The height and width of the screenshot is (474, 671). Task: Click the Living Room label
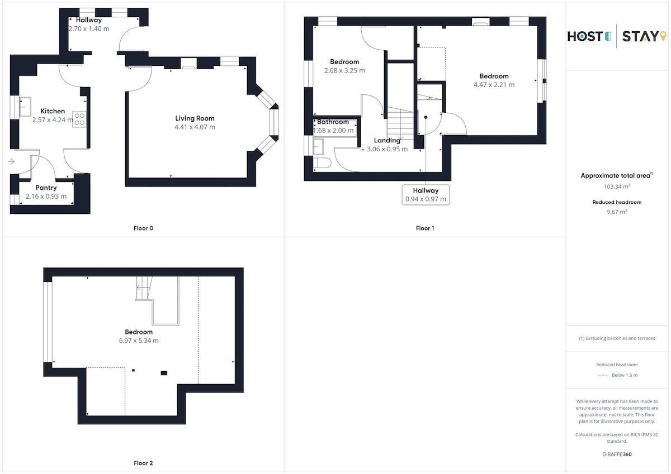[x=195, y=118]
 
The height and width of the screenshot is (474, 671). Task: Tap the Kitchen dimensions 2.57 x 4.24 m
[x=53, y=120]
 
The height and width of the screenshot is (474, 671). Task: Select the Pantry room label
[x=46, y=188]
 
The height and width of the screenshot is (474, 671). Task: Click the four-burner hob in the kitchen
[x=79, y=119]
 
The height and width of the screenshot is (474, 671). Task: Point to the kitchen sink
[x=25, y=107]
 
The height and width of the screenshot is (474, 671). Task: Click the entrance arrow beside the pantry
[x=11, y=162]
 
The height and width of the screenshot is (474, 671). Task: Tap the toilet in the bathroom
[x=322, y=163]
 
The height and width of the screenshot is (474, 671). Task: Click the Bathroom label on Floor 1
[x=333, y=122]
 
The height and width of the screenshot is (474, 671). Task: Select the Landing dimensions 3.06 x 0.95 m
[x=387, y=149]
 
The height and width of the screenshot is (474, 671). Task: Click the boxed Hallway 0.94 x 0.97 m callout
[x=426, y=195]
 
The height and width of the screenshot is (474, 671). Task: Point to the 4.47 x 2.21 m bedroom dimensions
[x=494, y=85]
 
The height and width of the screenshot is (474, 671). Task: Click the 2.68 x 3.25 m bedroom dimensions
[x=344, y=70]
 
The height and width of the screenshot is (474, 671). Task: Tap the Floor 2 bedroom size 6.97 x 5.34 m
[x=139, y=341]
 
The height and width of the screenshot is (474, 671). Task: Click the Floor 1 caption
[x=425, y=228]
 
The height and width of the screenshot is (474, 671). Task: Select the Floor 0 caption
[x=143, y=228]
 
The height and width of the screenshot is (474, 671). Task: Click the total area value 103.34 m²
[x=617, y=186]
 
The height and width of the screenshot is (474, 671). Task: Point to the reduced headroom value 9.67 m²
[x=617, y=212]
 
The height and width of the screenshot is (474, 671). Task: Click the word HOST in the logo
[x=585, y=36]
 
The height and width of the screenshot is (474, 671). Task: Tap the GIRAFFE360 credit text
[x=617, y=454]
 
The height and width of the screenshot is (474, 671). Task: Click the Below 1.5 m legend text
[x=625, y=375]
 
